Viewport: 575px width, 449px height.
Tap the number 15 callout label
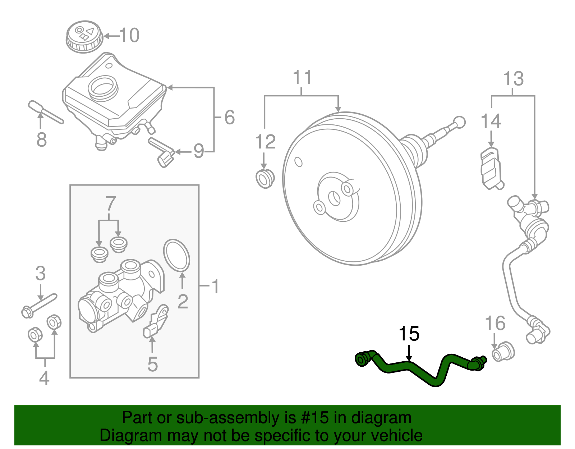click(x=409, y=334)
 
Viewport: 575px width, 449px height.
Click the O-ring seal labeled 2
click(x=176, y=255)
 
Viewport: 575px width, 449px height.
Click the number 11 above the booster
click(x=302, y=78)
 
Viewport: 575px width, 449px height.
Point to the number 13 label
click(x=513, y=79)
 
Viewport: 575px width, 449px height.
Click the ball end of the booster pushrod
click(x=459, y=122)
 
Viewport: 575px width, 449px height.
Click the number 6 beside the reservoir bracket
click(x=229, y=118)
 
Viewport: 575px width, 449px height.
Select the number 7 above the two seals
click(x=110, y=204)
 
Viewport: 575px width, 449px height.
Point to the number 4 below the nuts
click(x=44, y=378)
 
